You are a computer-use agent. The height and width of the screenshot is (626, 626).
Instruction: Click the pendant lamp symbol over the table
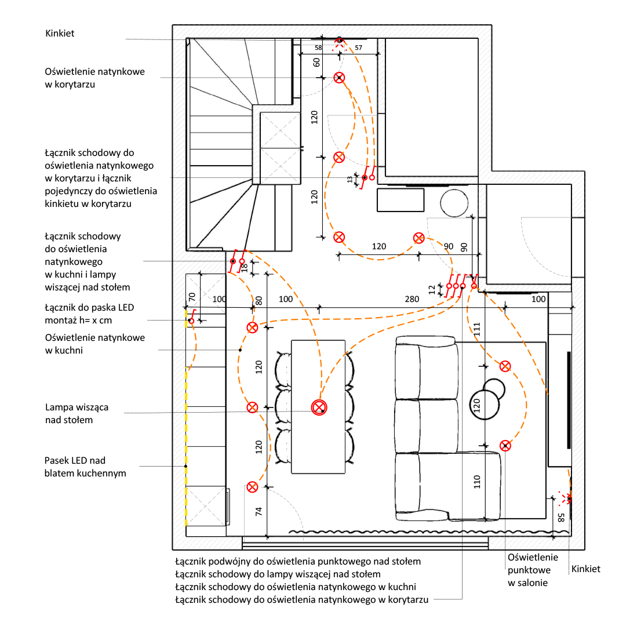coord(318,407)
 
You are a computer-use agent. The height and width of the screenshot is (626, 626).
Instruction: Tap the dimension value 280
coord(412,299)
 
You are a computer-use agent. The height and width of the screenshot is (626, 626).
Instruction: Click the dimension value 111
coord(477,330)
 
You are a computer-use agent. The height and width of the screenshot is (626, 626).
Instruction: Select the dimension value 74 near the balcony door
coord(259,511)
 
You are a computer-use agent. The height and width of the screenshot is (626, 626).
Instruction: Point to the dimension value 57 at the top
coord(358,48)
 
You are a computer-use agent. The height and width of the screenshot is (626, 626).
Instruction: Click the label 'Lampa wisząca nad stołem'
coord(77,413)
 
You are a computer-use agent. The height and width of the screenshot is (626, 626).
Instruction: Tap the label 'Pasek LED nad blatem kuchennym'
coord(85,467)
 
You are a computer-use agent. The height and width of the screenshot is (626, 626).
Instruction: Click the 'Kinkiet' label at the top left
coord(60,34)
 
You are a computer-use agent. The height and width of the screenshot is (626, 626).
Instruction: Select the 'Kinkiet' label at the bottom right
coord(585,569)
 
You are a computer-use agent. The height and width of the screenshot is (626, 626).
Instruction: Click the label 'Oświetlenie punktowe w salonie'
coord(533,570)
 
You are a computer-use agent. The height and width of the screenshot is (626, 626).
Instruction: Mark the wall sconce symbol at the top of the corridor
coord(340,41)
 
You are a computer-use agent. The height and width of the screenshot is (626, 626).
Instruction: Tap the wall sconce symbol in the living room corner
coord(569,498)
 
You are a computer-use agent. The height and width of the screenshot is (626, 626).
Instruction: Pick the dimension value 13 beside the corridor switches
coord(358,180)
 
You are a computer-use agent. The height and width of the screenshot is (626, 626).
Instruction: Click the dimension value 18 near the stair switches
coord(245,267)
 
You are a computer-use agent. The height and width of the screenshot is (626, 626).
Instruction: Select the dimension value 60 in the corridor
coord(316,62)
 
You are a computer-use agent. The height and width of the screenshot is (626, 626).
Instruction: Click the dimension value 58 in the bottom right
coord(561,518)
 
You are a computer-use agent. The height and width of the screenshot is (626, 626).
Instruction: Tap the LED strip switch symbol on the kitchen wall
coord(191,321)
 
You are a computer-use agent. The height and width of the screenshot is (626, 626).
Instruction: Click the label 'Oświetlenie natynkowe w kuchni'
coord(94,344)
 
